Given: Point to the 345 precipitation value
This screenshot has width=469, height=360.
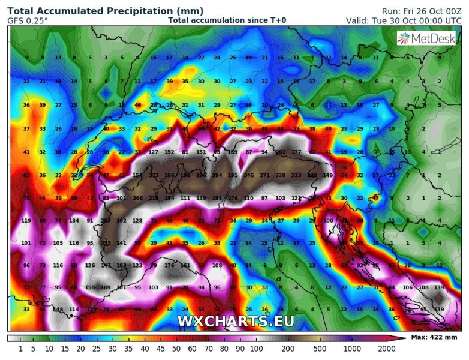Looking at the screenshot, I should (x=249, y=175).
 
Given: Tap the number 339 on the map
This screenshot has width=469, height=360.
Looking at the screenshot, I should (x=280, y=175).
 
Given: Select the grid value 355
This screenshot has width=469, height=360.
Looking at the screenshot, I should (x=106, y=243).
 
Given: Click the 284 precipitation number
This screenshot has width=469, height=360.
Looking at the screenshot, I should (x=217, y=175).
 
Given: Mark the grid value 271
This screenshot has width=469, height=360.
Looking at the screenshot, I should (x=264, y=175).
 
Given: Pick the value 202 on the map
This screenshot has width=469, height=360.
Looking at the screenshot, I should (x=280, y=152).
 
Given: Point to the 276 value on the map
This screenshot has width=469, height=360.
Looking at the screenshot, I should (x=233, y=198).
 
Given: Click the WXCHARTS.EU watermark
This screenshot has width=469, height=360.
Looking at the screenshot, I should (x=236, y=321).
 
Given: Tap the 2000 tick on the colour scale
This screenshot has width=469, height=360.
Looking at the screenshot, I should (x=387, y=348).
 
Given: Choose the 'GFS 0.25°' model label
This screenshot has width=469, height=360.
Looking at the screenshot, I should (x=28, y=20).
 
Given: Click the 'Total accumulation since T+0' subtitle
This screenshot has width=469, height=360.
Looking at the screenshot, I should (x=227, y=20).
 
